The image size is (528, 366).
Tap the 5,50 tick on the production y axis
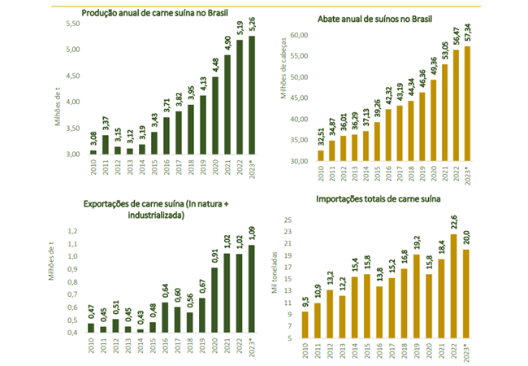pyautogui.click(x=73, y=24)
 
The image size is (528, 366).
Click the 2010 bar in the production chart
pyautogui.click(x=93, y=151)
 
